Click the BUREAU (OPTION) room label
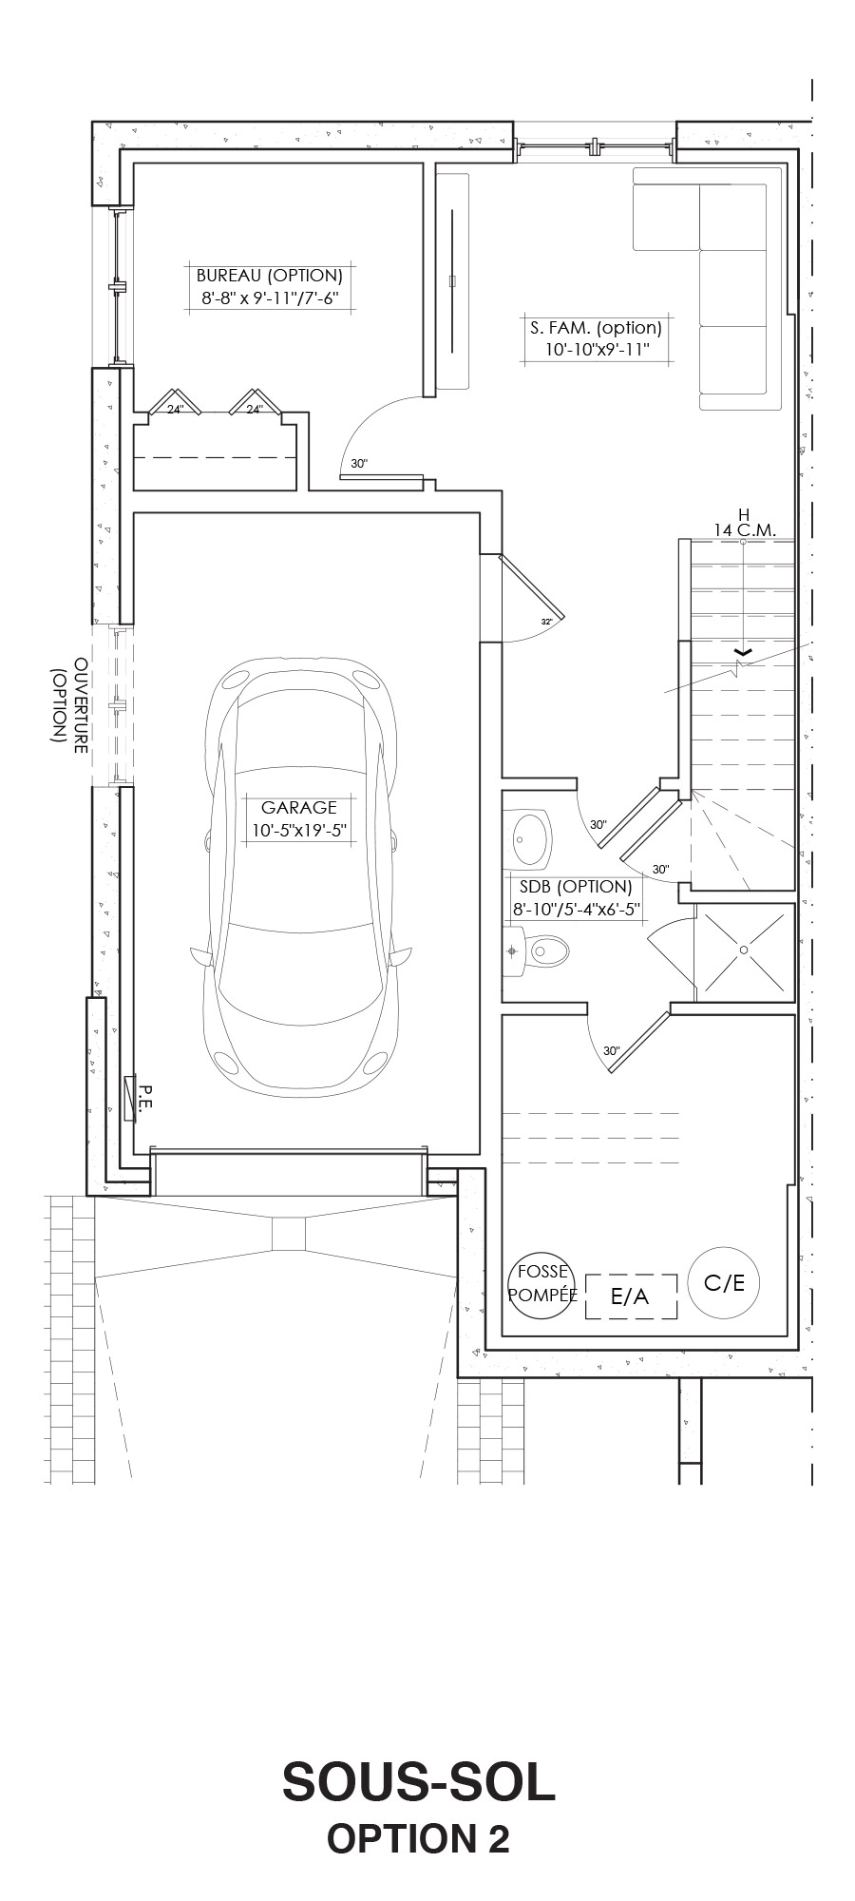pyautogui.click(x=269, y=276)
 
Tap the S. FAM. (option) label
pyautogui.click(x=596, y=328)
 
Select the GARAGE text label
pyautogui.click(x=298, y=807)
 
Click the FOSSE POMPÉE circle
pyautogui.click(x=542, y=1284)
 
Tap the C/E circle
pyautogui.click(x=724, y=1282)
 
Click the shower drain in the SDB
pyautogui.click(x=744, y=950)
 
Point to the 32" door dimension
pyautogui.click(x=546, y=621)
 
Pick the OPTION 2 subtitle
pyautogui.click(x=418, y=1839)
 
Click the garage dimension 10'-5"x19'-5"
pyautogui.click(x=298, y=830)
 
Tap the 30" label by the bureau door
pyautogui.click(x=358, y=464)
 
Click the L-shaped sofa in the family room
pyautogui.click(x=732, y=285)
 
